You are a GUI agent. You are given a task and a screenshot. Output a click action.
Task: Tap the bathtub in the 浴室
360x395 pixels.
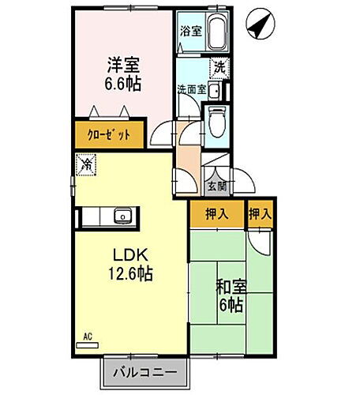tap(216, 33)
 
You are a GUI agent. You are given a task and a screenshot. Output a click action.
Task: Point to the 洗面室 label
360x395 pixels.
tap(190, 89)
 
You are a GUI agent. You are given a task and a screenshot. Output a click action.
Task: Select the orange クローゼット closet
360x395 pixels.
tap(110, 134)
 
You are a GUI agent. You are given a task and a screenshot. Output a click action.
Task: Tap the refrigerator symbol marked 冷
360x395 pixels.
tap(85, 165)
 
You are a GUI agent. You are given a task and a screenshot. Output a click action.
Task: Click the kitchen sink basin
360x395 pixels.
tap(124, 216)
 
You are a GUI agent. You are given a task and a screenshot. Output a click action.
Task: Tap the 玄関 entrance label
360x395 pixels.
tap(216, 187)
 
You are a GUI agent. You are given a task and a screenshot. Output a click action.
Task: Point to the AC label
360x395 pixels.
tap(87, 338)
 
